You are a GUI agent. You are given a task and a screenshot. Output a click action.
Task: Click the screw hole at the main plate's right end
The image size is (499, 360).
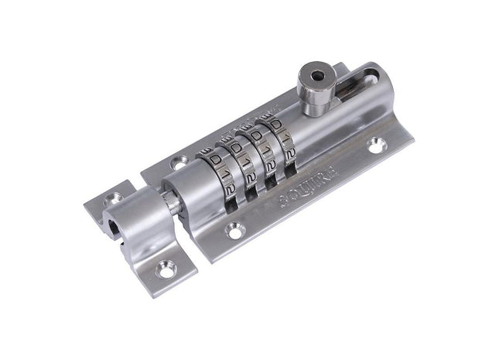(x=379, y=143)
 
